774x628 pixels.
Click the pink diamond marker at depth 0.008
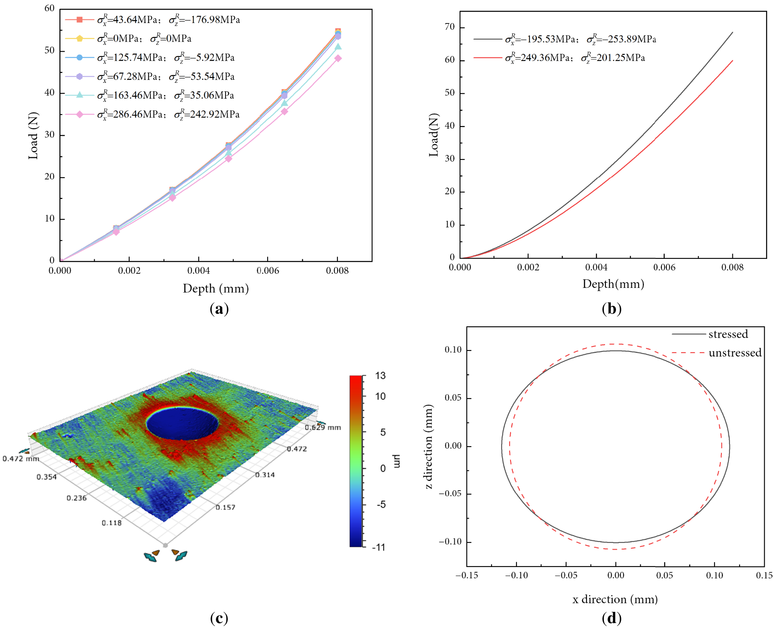[x=338, y=58]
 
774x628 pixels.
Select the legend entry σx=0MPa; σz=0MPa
[x=129, y=38]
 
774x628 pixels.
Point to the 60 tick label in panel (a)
[x=49, y=8]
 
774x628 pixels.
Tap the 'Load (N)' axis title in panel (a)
[x=33, y=136]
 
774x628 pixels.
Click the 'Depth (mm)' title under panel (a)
[x=216, y=288]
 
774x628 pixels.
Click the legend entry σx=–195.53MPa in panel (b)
[x=565, y=39]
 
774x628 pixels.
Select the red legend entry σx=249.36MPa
[x=559, y=58]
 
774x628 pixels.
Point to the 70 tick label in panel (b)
[x=449, y=27]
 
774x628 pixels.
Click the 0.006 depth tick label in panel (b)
[x=664, y=267]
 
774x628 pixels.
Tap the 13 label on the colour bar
[x=380, y=376]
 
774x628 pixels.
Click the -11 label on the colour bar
[x=379, y=547]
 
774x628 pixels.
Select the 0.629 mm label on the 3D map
[x=323, y=427]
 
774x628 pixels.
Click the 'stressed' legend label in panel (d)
[x=728, y=334]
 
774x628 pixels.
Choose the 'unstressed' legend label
[x=735, y=353]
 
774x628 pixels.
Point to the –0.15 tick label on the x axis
[x=467, y=575]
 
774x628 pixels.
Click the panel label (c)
[x=219, y=618]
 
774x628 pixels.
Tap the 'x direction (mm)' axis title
[x=615, y=599]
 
